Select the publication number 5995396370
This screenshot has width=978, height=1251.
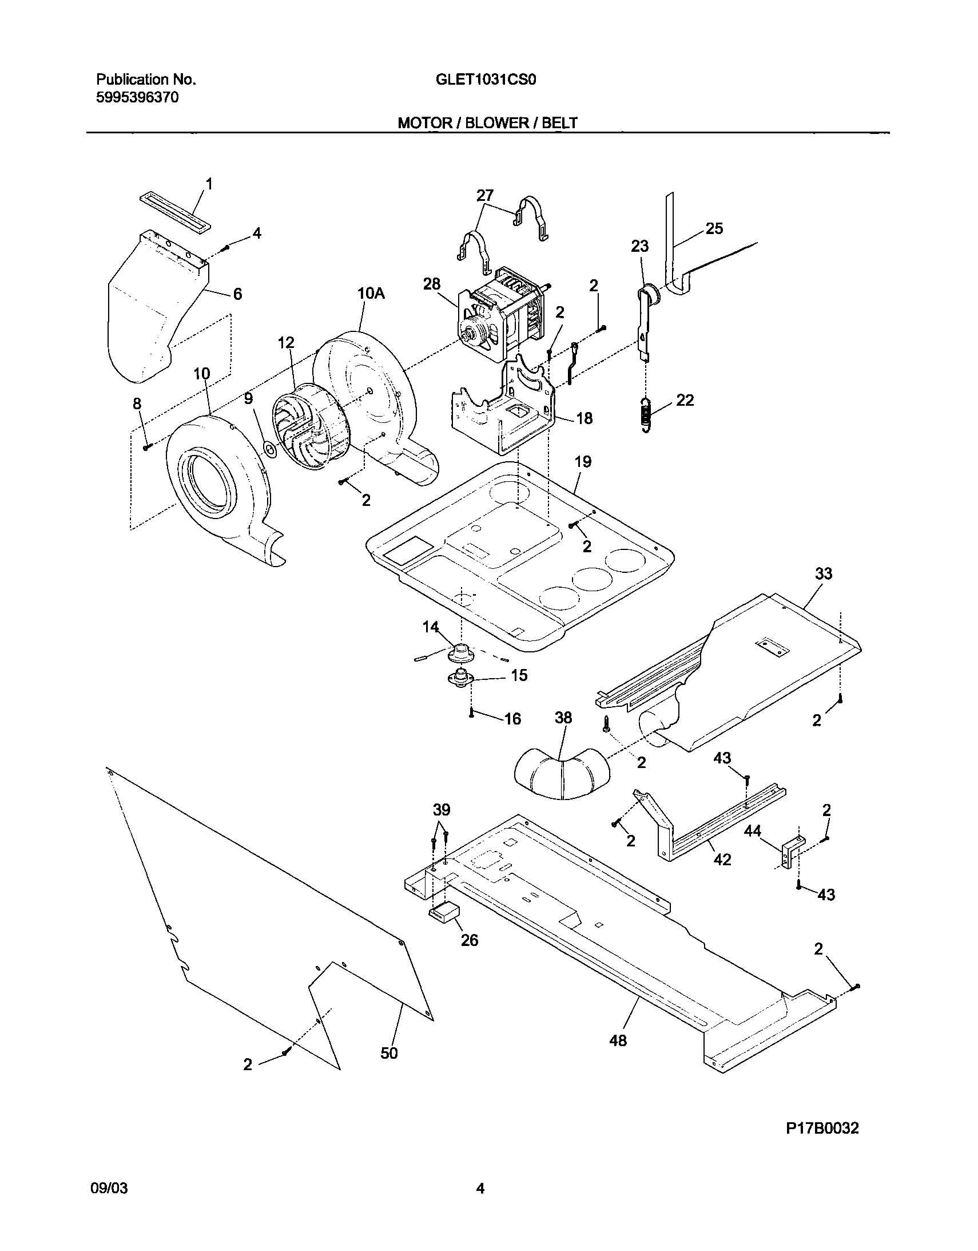point(137,98)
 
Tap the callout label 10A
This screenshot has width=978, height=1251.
point(371,294)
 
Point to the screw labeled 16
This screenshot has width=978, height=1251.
point(472,712)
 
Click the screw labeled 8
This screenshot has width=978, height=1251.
point(146,447)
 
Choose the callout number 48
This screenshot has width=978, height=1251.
point(618,1040)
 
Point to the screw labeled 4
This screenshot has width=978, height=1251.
point(225,247)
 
